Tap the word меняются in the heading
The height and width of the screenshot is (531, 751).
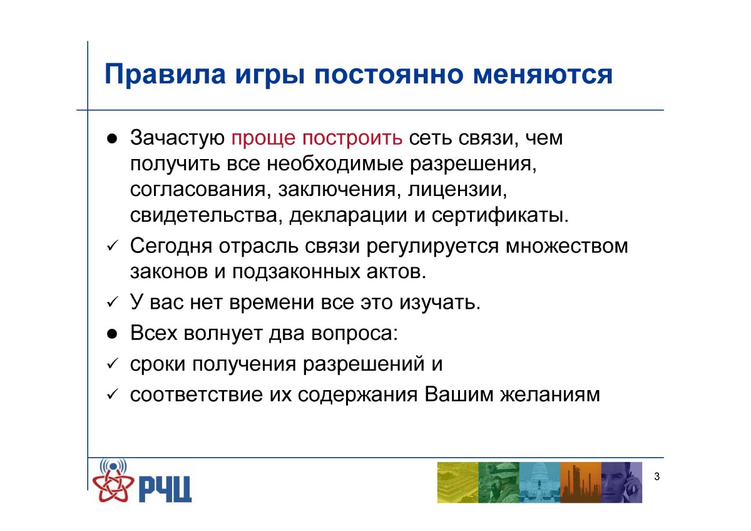[543, 75]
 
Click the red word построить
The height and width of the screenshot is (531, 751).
[352, 138]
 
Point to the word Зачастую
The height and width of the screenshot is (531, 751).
[177, 138]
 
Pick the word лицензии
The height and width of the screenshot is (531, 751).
[457, 190]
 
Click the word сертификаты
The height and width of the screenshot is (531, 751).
[500, 215]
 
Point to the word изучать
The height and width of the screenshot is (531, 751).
[439, 303]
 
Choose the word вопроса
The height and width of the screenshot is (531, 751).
[354, 334]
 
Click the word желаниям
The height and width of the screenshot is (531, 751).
[550, 395]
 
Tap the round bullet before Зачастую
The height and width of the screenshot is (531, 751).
[111, 139]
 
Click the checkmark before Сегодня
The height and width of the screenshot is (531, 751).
[112, 247]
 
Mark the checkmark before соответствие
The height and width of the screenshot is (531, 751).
[112, 394]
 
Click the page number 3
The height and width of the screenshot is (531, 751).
[656, 477]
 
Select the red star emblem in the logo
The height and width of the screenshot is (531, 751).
[113, 485]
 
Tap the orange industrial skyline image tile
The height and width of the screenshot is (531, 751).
[580, 482]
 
